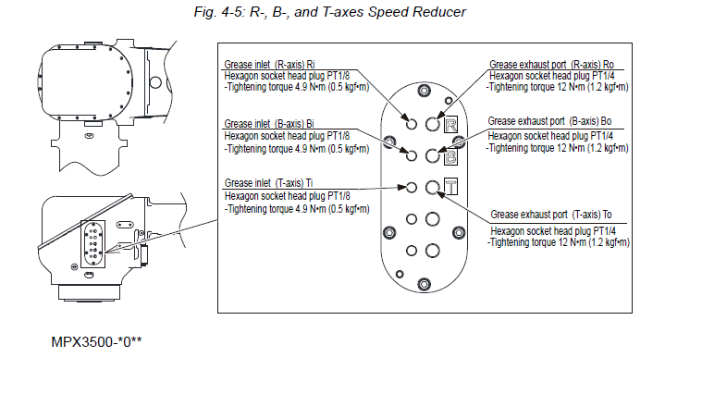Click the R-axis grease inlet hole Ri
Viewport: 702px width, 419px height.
[412, 124]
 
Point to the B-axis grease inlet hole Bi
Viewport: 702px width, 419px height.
[412, 155]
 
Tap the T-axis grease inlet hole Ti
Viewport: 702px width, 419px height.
[412, 187]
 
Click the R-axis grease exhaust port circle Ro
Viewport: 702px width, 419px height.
[432, 124]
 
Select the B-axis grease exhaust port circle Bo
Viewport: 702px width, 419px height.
[432, 155]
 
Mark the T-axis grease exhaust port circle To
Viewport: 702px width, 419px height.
[432, 187]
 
